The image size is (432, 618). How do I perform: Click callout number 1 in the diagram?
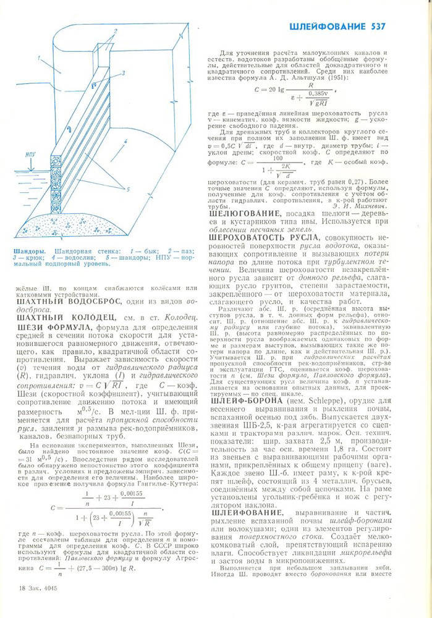coord(39,57)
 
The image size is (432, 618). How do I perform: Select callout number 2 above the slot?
coord(115,30)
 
